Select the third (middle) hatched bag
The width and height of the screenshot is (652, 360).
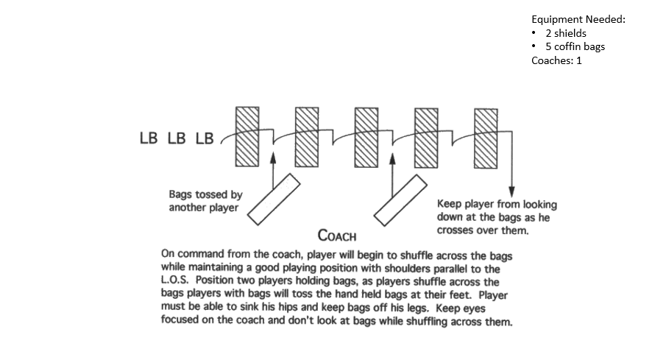coord(367,138)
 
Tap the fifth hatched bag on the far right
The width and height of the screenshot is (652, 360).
coord(486,138)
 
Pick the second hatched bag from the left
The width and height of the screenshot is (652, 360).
coord(307,138)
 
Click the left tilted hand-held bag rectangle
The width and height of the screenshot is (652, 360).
coord(273,200)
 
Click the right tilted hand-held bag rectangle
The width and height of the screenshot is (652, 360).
coord(401,200)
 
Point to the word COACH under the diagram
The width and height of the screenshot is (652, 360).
coord(337,236)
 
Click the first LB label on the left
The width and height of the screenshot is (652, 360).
coord(149,138)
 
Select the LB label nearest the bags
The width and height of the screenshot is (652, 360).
coord(205,138)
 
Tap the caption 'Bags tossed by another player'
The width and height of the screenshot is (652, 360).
coord(205,201)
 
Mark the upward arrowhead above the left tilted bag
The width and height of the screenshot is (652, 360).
coord(273,157)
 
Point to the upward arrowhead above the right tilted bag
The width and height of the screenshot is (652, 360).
coord(392,157)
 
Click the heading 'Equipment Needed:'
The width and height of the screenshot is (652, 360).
coord(578,20)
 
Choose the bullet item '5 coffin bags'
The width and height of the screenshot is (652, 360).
coord(575,47)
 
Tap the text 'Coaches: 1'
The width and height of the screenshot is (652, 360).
coord(556,60)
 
